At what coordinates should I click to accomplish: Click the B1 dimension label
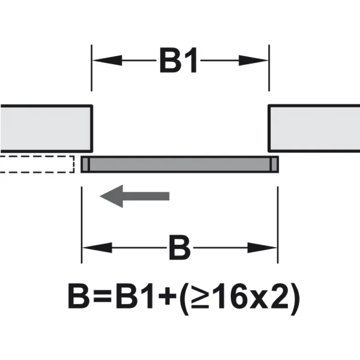(x=178, y=61)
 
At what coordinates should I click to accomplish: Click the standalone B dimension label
(x=180, y=248)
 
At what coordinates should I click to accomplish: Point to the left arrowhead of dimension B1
(x=107, y=61)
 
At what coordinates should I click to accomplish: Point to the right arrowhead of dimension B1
(x=253, y=61)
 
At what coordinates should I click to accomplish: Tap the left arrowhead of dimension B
(x=97, y=248)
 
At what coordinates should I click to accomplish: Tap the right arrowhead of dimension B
(x=262, y=248)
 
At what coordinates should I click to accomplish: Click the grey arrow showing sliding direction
(x=134, y=196)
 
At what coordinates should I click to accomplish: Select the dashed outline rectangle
(x=37, y=164)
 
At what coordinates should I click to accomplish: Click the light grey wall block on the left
(x=46, y=128)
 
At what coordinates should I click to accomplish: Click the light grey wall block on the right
(x=314, y=128)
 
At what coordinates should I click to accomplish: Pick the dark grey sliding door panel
(x=180, y=164)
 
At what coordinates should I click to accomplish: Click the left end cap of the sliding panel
(x=85, y=164)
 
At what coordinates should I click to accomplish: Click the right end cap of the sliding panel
(x=274, y=164)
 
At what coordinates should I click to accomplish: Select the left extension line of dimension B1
(x=92, y=68)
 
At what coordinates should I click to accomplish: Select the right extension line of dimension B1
(x=269, y=68)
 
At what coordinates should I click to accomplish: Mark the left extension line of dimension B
(x=82, y=225)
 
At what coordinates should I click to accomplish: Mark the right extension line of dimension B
(x=278, y=225)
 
